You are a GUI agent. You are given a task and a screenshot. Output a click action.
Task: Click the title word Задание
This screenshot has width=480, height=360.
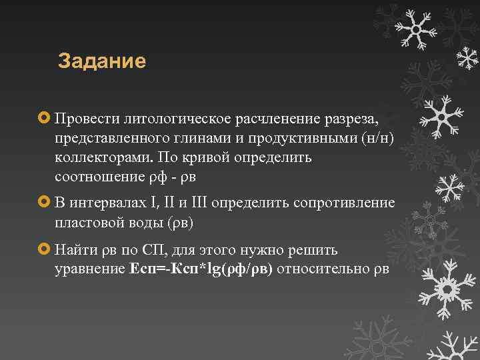[102, 61]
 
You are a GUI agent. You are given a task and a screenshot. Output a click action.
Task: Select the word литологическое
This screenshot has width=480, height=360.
[173, 119]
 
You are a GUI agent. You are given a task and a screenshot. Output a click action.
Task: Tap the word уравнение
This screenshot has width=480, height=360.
[90, 270]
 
